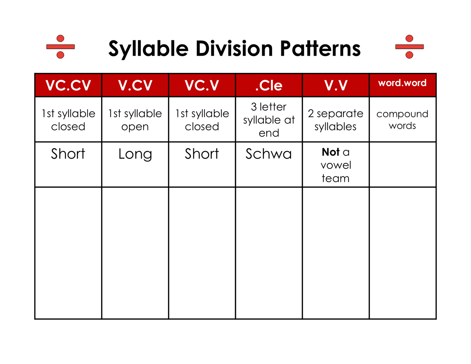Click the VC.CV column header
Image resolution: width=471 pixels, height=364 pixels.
(x=68, y=85)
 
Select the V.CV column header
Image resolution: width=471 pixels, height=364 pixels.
(x=135, y=85)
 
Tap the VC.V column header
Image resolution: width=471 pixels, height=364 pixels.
(x=202, y=85)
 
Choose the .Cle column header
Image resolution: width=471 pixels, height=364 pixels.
(x=269, y=85)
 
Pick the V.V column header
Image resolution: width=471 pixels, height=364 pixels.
(x=336, y=85)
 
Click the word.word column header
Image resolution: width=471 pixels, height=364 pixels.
(x=402, y=83)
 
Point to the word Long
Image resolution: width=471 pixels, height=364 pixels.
(x=135, y=154)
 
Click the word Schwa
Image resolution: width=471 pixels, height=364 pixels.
(x=269, y=154)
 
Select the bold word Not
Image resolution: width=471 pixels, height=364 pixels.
(x=331, y=152)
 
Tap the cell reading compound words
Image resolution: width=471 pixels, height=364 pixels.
(x=402, y=120)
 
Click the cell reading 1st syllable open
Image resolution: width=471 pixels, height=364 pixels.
(x=135, y=120)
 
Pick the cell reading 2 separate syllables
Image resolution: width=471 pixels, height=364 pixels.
(x=336, y=120)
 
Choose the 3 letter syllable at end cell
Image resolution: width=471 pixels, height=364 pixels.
(x=269, y=120)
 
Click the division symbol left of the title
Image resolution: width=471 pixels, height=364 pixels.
(x=60, y=47)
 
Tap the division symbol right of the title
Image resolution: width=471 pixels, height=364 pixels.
(x=409, y=47)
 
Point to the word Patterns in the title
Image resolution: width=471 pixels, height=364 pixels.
(x=320, y=49)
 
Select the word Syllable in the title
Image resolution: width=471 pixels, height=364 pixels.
(x=149, y=49)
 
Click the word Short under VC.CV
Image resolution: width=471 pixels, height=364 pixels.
(x=68, y=154)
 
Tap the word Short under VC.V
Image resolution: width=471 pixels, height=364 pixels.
(x=202, y=154)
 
